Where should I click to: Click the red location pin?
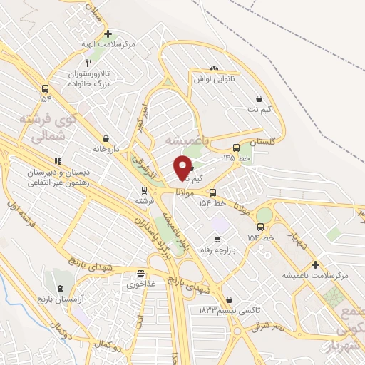(x=182, y=168)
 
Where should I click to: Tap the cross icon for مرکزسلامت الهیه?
(x=108, y=34)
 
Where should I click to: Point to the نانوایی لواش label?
(x=212, y=80)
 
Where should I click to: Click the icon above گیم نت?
(x=258, y=99)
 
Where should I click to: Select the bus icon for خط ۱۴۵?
(x=236, y=148)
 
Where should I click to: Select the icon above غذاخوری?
(x=141, y=273)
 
